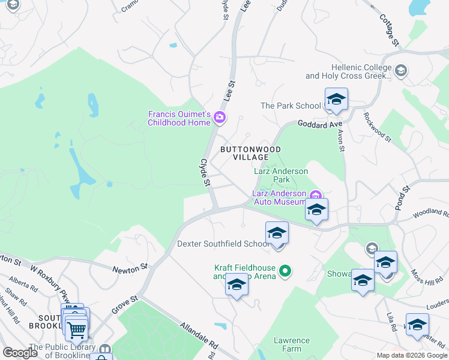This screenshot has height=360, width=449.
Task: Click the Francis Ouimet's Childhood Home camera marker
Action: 220,117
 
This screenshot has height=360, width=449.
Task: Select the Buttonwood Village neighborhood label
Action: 250,153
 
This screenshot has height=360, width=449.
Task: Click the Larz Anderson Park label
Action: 280,175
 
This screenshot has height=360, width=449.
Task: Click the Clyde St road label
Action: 206,172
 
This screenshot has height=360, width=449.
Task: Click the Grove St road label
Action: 125,305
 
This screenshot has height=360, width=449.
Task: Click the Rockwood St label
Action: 377,127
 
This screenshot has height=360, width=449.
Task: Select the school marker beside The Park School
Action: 336,101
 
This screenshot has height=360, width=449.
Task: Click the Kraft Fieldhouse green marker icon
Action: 286,271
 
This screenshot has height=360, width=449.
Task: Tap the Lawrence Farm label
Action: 292,344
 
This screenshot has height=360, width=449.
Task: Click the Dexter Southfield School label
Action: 223,244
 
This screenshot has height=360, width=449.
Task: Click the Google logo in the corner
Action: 20,352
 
